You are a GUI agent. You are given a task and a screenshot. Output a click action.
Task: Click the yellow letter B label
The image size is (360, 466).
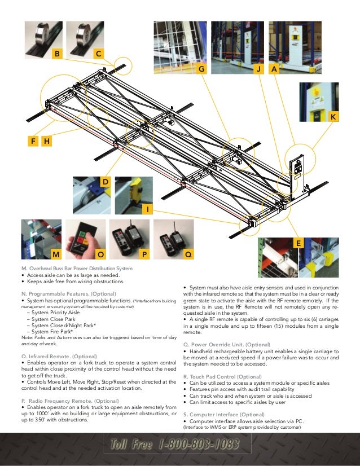(56, 54)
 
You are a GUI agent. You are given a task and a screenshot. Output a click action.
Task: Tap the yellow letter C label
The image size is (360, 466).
(98, 54)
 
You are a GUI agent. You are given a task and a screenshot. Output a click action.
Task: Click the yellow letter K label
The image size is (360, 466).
(333, 116)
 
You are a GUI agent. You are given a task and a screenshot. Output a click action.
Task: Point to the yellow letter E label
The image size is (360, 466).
(297, 243)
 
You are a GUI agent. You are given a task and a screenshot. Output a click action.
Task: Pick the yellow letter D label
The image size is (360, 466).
(104, 182)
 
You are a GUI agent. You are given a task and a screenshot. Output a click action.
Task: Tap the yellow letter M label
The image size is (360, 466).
(55, 254)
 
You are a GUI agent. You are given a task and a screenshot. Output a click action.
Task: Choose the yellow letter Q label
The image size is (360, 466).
(188, 254)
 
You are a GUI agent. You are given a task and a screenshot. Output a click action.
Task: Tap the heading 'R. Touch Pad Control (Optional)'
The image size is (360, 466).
(229, 376)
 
